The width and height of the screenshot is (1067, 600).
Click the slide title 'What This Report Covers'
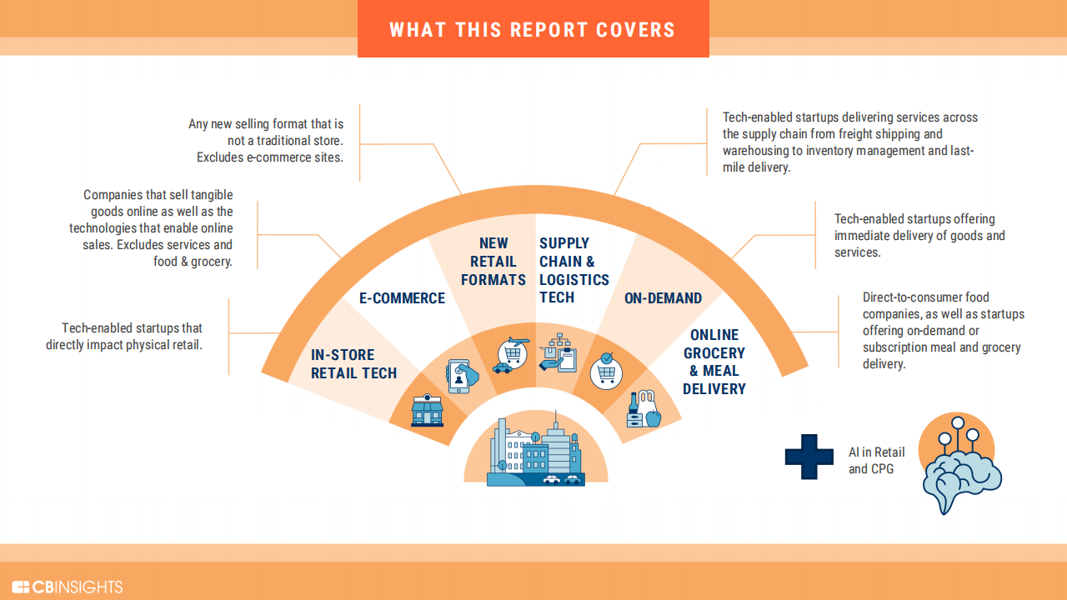pyautogui.click(x=533, y=30)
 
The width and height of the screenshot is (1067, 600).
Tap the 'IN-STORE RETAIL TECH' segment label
pyautogui.click(x=353, y=364)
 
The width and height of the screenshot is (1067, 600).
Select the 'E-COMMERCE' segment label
pyautogui.click(x=402, y=298)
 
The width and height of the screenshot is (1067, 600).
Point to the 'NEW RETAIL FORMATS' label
pyautogui.click(x=493, y=262)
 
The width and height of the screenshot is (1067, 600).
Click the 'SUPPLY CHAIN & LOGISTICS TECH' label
pyautogui.click(x=574, y=270)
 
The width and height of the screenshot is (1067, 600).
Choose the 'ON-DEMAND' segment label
pyautogui.click(x=663, y=298)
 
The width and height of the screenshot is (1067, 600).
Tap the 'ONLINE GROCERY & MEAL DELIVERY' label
pyautogui.click(x=714, y=362)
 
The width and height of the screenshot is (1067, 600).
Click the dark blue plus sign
pyautogui.click(x=809, y=457)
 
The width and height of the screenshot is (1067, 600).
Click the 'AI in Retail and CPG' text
pyautogui.click(x=876, y=461)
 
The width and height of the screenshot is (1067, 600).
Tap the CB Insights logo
pyautogui.click(x=68, y=587)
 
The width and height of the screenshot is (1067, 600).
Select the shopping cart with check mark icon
pyautogui.click(x=606, y=371)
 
